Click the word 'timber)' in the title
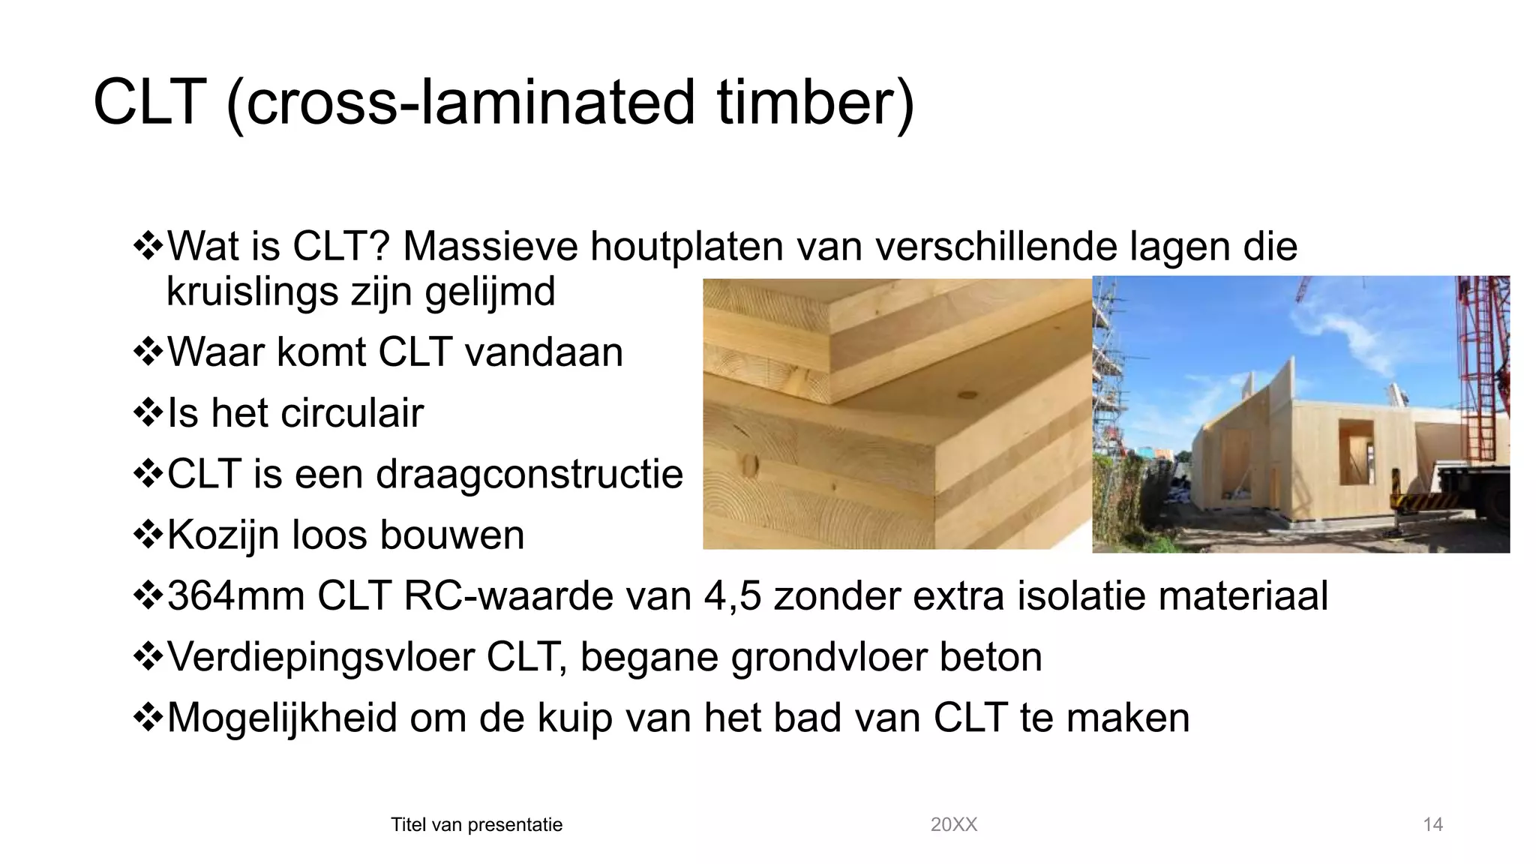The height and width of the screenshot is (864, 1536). tap(815, 103)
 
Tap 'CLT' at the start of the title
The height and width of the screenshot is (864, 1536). tap(149, 103)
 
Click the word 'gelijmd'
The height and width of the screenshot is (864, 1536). tap(490, 292)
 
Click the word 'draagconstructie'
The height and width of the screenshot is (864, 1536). tap(529, 474)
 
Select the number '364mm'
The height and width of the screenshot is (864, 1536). tap(235, 596)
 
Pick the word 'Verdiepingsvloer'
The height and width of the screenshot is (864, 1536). tap(321, 657)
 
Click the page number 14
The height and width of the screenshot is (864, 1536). tap(1432, 825)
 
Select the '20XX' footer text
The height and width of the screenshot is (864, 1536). tap(953, 825)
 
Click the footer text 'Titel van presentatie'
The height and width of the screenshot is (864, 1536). tap(476, 825)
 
